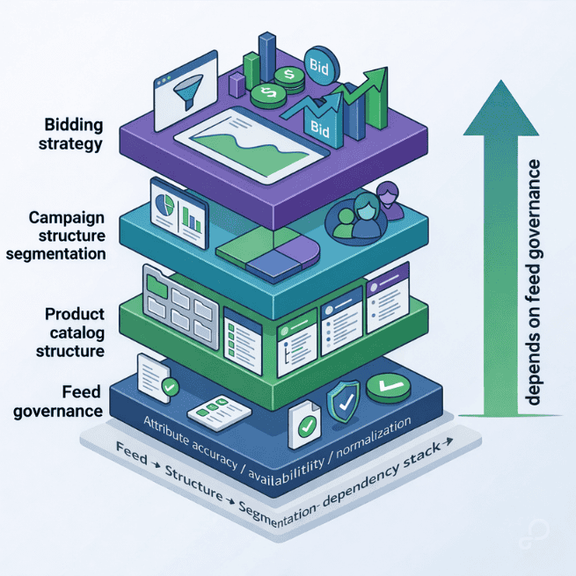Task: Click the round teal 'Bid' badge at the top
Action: coord(320,65)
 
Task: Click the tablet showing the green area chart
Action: coord(252,144)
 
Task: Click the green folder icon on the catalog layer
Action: coord(158,286)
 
